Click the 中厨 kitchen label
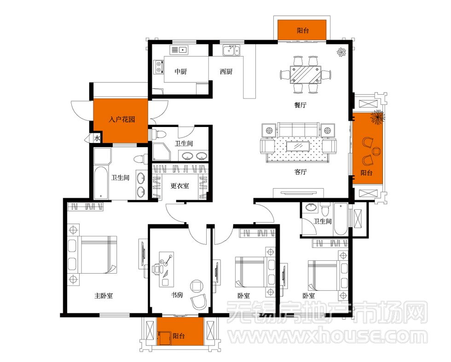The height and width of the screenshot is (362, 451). coord(180,71)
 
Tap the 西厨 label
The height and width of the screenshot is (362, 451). coord(226,71)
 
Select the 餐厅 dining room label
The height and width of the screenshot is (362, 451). coord(300,105)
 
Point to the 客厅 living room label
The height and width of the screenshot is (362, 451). coord(300,172)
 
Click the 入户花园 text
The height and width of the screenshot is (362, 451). coord(121,119)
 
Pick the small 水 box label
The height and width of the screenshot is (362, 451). coord(97,138)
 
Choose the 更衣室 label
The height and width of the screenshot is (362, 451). coord(180,186)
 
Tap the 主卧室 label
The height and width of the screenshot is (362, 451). coord(104,296)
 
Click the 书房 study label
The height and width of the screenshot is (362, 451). coord(177,295)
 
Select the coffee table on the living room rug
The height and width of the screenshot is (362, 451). coord(298,146)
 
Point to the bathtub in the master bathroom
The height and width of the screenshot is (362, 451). coord(101,183)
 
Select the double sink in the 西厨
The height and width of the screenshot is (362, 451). coord(231,50)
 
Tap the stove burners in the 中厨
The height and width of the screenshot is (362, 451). coord(158,67)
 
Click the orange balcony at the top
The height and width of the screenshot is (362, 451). coord(302,30)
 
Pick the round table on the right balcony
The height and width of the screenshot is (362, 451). coord(376,151)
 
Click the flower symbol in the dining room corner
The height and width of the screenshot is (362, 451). coord(341,52)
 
